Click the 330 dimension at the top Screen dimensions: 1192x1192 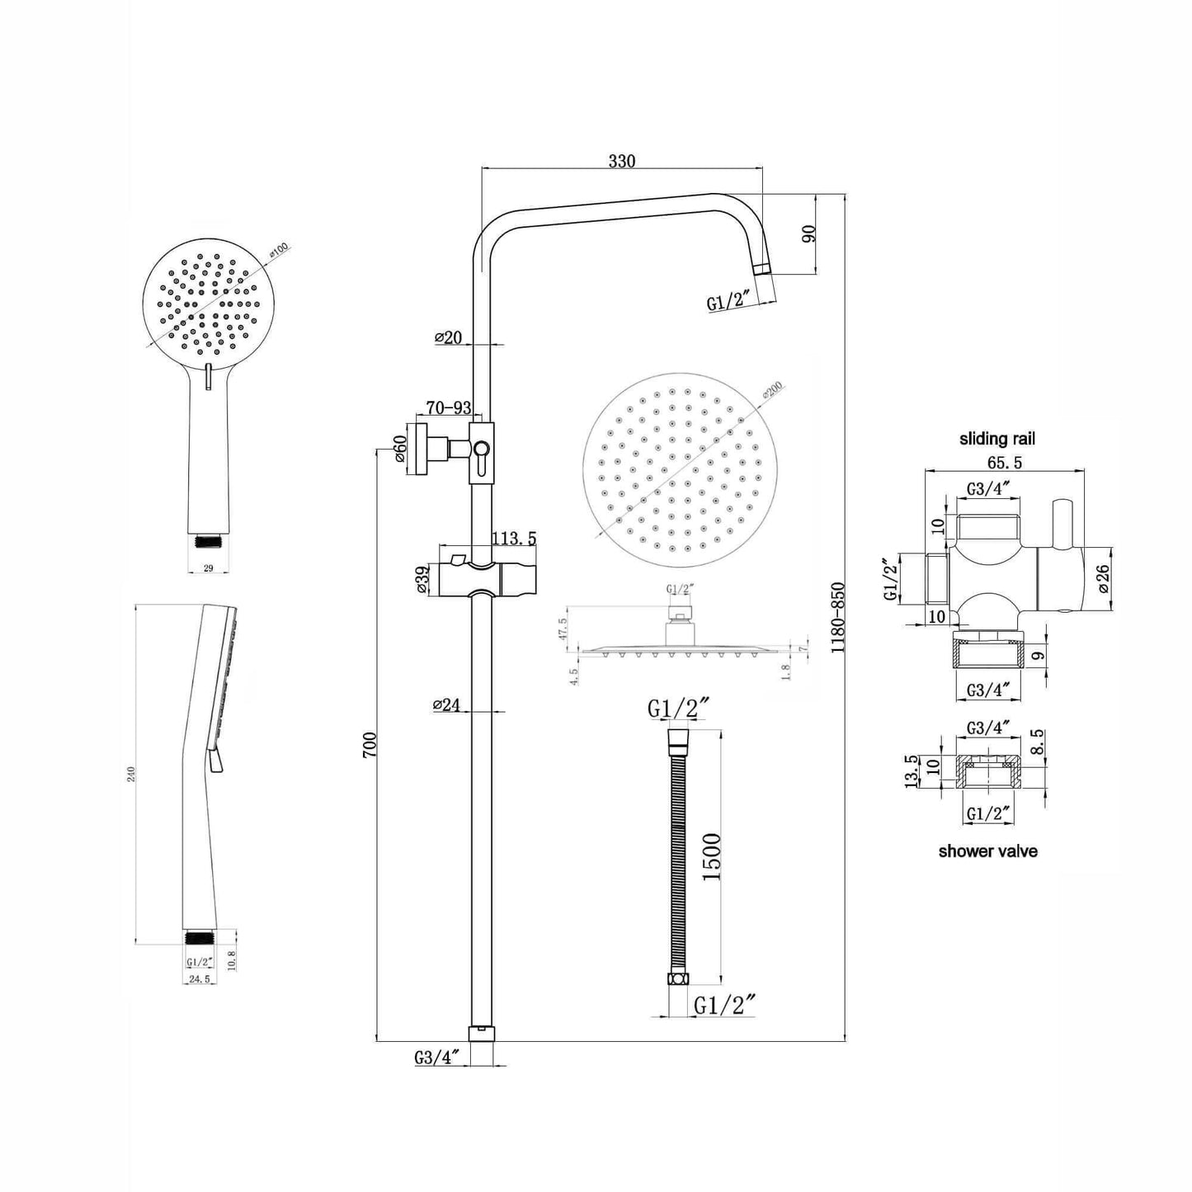pos(621,161)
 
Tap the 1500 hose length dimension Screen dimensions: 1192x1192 pos(711,857)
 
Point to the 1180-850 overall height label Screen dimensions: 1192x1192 pos(838,619)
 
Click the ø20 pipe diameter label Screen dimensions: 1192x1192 pos(448,337)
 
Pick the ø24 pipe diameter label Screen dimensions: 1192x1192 pos(446,704)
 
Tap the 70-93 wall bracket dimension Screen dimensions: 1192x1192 pos(448,408)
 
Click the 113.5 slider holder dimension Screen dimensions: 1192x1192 pos(514,539)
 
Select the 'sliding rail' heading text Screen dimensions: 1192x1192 pos(996,439)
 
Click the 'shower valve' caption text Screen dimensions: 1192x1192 pos(987,850)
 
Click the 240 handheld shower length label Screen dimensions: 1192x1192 pos(132,773)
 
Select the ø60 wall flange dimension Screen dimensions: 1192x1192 pos(399,449)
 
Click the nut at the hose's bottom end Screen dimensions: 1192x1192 pos(677,979)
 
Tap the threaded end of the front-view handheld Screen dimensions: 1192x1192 pos(210,541)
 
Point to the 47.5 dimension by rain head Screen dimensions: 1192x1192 pos(563,629)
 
